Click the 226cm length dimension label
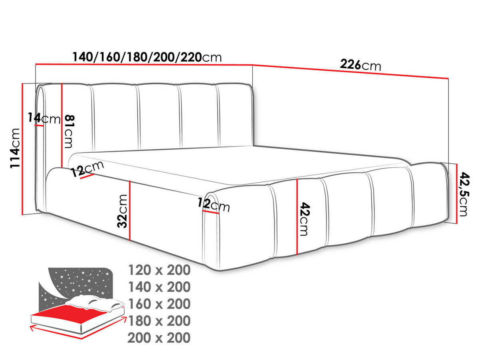360,65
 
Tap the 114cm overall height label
16,148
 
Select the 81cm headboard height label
69,131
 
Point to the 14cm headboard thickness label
44,118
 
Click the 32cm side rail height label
122,211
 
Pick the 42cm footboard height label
305,219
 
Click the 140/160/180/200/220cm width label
147,57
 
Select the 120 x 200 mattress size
159,270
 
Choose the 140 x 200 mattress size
159,287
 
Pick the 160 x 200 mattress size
159,304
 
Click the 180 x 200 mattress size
159,321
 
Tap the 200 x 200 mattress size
159,338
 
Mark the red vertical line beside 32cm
130,211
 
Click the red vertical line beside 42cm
297,217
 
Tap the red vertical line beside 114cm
22,149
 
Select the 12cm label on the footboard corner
214,205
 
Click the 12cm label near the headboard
87,169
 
